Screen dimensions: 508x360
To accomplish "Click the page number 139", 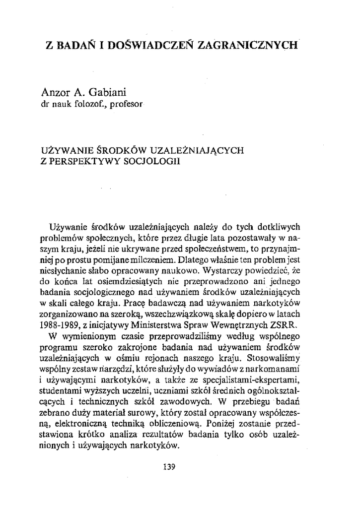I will click(170, 467).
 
